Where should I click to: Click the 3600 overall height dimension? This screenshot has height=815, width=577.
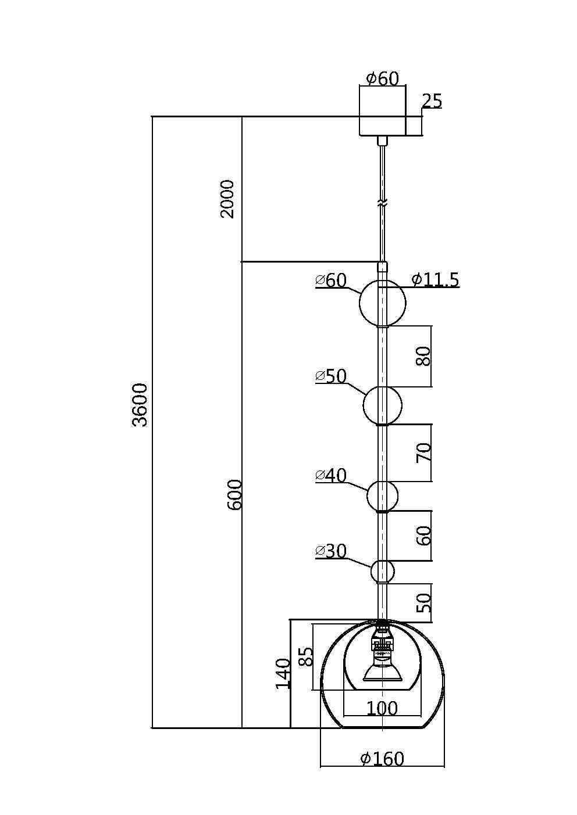(x=140, y=405)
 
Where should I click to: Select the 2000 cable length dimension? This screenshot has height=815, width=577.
(x=227, y=199)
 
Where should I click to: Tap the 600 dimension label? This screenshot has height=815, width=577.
(x=234, y=495)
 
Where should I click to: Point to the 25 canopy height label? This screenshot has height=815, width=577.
(x=432, y=101)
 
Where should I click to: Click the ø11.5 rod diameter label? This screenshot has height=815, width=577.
(x=435, y=280)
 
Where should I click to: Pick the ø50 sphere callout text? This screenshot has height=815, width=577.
(x=331, y=376)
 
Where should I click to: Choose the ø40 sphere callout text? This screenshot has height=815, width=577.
(x=331, y=476)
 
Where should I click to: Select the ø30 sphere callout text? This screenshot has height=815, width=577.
(x=331, y=551)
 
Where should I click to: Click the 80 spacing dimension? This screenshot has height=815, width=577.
(x=424, y=356)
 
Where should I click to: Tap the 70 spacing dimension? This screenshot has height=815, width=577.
(x=424, y=453)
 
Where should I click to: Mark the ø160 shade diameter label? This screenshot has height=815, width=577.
(x=382, y=759)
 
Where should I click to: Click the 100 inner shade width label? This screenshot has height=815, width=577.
(x=382, y=709)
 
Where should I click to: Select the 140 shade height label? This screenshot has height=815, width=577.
(x=283, y=674)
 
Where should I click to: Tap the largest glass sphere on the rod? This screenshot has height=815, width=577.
(x=382, y=303)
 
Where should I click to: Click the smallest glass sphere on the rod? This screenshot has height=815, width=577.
(x=382, y=572)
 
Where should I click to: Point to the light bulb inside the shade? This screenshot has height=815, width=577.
(x=382, y=668)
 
